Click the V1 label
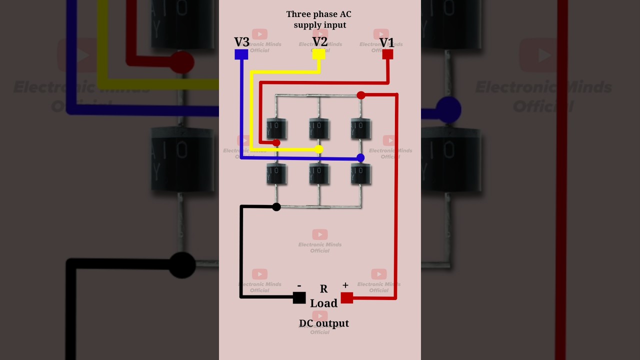coord(386,42)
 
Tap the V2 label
coord(320,41)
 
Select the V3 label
coord(241,42)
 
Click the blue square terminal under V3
coord(241,54)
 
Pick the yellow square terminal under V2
coord(318,54)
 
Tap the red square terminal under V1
coord(387,54)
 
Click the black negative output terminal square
coord(299,297)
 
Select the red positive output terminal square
coord(347,298)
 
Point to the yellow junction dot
coord(319,149)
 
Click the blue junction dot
coord(360,158)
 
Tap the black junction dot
coord(276,206)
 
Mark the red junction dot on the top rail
coord(361,95)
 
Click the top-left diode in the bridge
coord(276,128)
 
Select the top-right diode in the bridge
coord(361,128)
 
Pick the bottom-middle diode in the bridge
coord(319,173)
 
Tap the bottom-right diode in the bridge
coord(361,173)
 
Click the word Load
coord(323,303)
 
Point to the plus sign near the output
coord(345,285)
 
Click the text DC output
coord(324,323)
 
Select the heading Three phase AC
coord(319,14)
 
